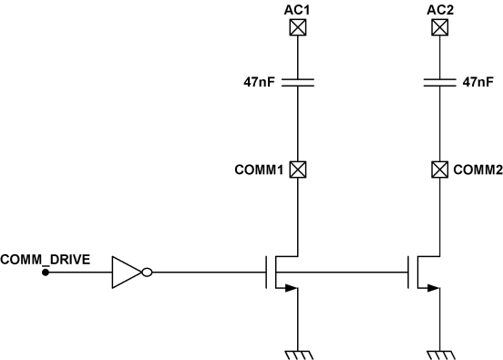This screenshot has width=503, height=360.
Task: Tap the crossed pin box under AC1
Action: coord(298,27)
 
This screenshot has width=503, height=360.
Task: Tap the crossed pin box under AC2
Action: coord(438,27)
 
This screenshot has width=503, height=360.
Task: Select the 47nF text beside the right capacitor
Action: coord(478,82)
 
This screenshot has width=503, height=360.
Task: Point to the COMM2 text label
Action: coord(478,169)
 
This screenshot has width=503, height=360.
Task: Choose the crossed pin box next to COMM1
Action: coord(298,169)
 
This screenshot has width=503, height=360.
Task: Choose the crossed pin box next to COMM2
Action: coord(438,169)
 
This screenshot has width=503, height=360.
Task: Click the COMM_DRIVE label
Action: coord(45,259)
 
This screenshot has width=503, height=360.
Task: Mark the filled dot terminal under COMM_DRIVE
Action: coord(46,272)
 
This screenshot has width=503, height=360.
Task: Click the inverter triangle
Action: coord(126,272)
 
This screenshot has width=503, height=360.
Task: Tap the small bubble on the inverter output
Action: coord(147,272)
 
